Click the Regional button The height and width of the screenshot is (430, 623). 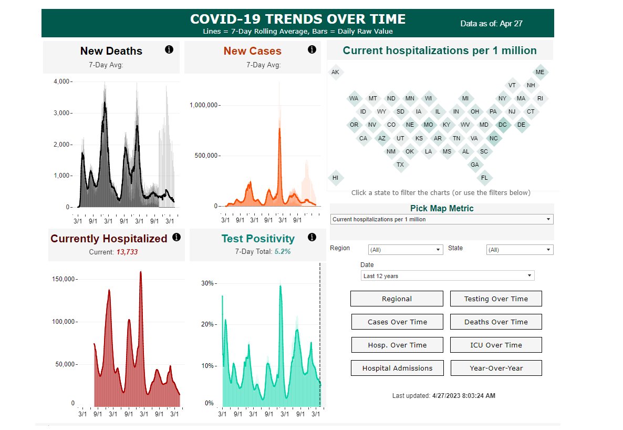(397, 299)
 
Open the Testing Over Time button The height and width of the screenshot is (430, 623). (496, 299)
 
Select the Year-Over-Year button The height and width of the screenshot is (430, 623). (496, 368)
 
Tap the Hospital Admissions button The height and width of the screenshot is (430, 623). (397, 368)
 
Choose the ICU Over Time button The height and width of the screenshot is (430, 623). (496, 345)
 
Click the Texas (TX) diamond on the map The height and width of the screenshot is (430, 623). (400, 165)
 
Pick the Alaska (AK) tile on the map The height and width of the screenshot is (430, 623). (335, 72)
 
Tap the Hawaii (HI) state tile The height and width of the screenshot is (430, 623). (335, 178)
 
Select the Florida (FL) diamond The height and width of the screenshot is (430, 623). (484, 178)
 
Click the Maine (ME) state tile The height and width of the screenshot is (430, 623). (539, 72)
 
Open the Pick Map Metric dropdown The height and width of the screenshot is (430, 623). (441, 219)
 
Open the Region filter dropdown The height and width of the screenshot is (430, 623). (406, 250)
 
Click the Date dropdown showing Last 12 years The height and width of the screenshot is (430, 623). (448, 275)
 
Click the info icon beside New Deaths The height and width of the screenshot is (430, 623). (169, 49)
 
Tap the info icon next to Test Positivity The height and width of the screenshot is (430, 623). (312, 237)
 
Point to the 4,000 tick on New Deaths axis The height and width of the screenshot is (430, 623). (62, 81)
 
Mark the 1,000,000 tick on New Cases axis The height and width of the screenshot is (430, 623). (204, 105)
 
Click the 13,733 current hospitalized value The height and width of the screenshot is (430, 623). (127, 252)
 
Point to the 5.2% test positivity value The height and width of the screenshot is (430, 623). (283, 252)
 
